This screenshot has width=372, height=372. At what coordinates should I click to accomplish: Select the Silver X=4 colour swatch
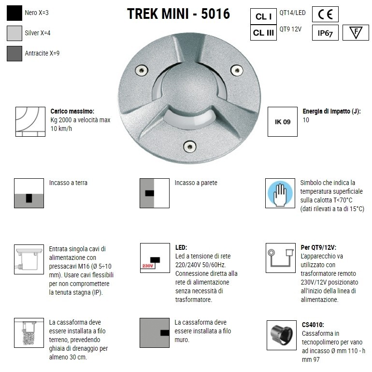coord(14,33)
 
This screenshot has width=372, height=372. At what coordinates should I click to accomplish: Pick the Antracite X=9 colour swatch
coord(14,53)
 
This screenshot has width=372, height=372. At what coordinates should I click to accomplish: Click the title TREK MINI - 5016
coord(178,14)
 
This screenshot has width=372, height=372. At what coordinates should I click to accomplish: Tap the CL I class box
coord(263,16)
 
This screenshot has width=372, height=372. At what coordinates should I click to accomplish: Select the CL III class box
coord(263,33)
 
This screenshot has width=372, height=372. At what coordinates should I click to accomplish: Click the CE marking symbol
coord(325,14)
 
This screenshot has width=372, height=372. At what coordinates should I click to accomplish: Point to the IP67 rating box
coord(325,33)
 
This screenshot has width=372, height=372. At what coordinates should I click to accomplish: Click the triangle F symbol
coord(355,33)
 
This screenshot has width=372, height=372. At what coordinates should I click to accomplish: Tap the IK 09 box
coord(282,122)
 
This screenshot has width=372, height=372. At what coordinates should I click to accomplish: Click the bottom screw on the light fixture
coord(189,145)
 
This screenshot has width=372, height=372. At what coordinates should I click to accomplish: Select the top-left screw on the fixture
coord(140,70)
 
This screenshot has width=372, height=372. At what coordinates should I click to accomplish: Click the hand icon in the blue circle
coord(280,194)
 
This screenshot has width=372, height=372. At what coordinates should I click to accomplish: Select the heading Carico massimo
coord(72,111)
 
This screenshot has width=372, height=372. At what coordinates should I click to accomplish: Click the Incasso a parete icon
coord(154,193)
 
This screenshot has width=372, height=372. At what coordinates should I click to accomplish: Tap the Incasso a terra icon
coord(29,193)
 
